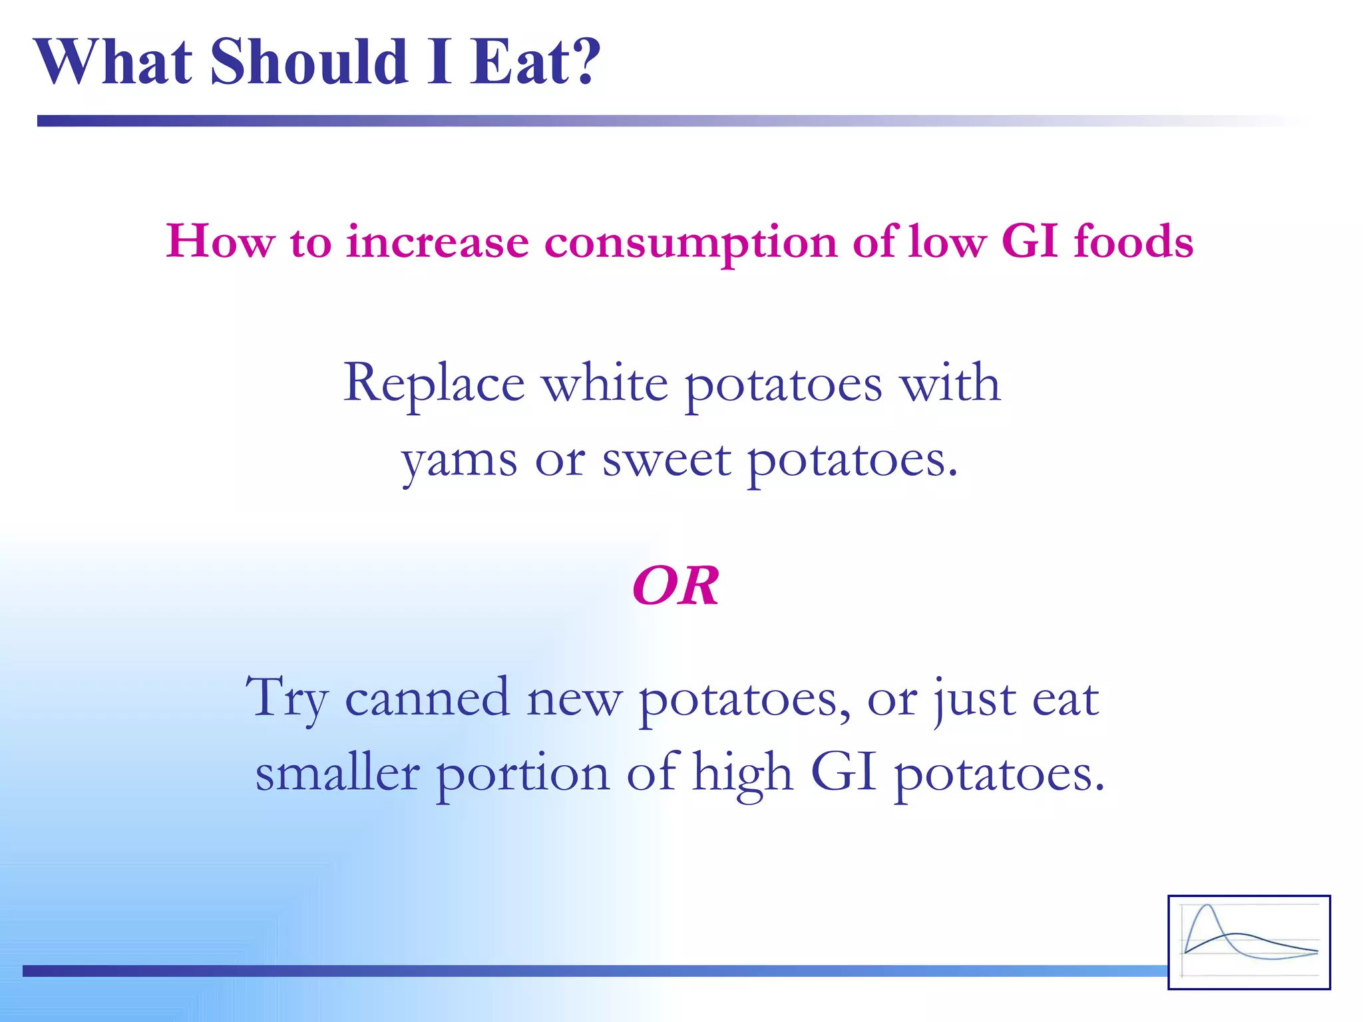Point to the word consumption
click(x=690, y=243)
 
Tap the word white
click(x=604, y=384)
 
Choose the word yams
click(x=459, y=460)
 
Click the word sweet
click(x=666, y=460)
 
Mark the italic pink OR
click(x=676, y=586)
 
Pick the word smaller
click(x=337, y=773)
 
